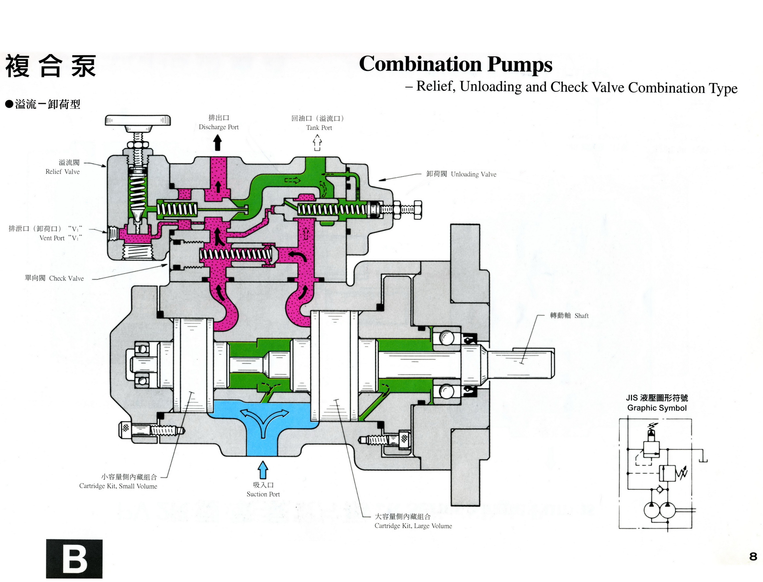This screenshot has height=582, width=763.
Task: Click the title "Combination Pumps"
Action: point(455,64)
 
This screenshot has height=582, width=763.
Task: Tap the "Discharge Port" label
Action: point(219,127)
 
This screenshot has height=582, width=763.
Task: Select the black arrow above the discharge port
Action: point(218,143)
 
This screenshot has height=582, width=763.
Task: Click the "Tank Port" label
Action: point(319,128)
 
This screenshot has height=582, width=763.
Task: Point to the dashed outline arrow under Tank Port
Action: point(317,143)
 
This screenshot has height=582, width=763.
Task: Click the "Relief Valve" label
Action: point(62,172)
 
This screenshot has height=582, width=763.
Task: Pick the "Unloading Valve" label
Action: point(473,174)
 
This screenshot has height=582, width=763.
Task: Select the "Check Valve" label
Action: point(66,278)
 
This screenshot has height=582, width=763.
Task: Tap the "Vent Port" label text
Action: point(52,238)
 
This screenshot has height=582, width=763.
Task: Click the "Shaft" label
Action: point(581,315)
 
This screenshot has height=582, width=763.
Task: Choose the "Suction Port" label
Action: point(263,494)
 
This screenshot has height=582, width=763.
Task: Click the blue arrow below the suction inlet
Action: point(263,470)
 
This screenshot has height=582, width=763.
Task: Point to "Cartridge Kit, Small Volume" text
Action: point(118,486)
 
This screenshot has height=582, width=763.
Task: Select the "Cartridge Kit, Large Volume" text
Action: point(413,526)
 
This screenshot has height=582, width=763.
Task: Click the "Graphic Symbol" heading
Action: point(657,408)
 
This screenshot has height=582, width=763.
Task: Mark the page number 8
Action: point(753,556)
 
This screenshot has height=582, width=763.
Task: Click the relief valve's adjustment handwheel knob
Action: point(138,120)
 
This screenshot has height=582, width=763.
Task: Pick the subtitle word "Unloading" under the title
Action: point(490,87)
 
